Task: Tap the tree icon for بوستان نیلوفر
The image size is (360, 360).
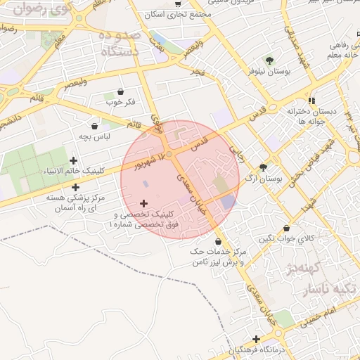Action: [269, 59]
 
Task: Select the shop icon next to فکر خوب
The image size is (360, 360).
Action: [120, 91]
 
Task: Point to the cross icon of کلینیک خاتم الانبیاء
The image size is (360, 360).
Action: [74, 160]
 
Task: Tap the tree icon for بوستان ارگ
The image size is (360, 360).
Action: [263, 167]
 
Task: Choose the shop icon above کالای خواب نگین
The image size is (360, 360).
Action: [286, 229]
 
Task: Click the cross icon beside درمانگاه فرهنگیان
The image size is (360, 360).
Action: [257, 339]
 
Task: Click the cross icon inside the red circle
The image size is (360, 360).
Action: [144, 203]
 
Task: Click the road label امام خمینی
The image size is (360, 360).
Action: [322, 318]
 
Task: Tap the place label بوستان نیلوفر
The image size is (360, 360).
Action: [268, 72]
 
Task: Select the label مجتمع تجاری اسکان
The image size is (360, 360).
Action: [173, 14]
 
